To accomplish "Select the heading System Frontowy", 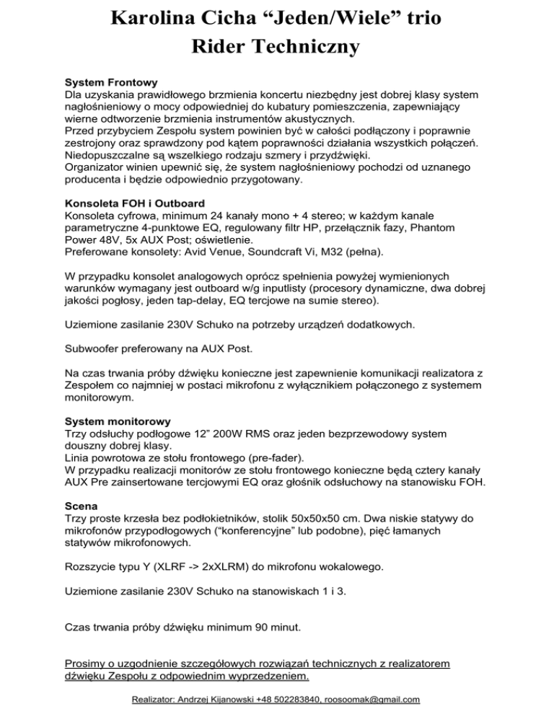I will tap(111, 82).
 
